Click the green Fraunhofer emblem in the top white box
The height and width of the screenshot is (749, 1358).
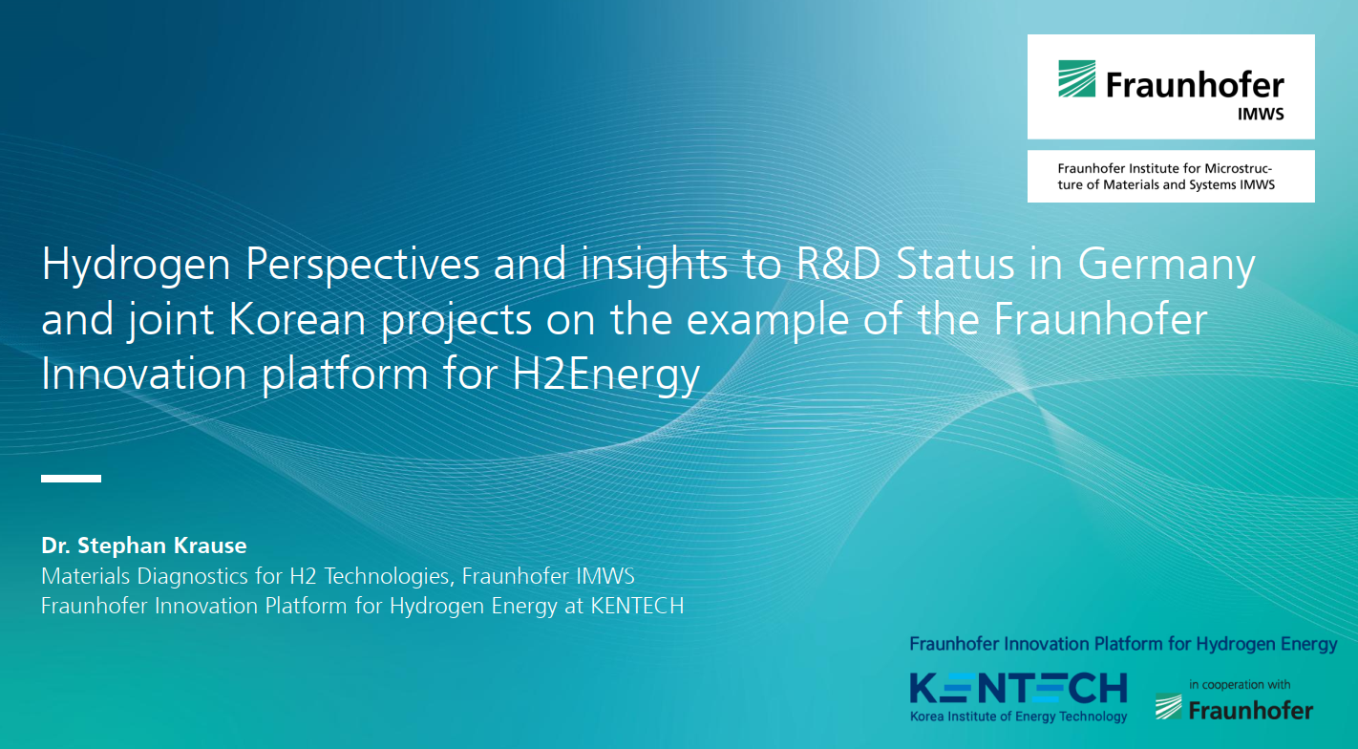(x=1076, y=79)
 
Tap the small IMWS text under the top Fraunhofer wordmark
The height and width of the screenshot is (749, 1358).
(x=1261, y=114)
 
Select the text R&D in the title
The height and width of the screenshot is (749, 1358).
(x=838, y=264)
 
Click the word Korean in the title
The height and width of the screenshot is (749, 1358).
(x=297, y=319)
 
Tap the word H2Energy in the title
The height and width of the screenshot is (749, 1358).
(x=605, y=375)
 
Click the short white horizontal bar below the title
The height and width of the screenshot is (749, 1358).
(x=71, y=479)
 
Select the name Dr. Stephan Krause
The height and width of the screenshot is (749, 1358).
(x=143, y=546)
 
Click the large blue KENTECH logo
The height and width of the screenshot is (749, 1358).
(x=1018, y=689)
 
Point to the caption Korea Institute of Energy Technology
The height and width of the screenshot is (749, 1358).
(x=1018, y=717)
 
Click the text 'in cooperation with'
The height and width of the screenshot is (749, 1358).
(x=1240, y=685)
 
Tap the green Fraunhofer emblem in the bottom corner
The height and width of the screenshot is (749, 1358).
(x=1168, y=707)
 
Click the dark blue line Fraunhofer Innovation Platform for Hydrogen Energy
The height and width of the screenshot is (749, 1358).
(x=1123, y=644)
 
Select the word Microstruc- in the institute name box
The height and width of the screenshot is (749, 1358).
(x=1238, y=168)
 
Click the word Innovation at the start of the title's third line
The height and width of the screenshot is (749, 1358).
(x=143, y=374)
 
